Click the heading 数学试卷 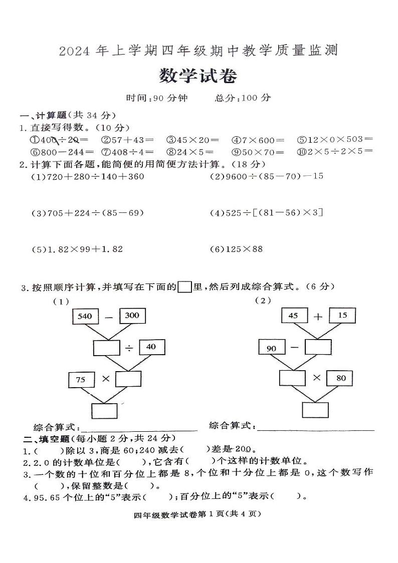(198, 76)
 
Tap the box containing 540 (86, 316)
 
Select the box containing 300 (132, 316)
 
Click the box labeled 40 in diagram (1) (151, 347)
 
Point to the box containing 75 (81, 380)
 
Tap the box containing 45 (293, 316)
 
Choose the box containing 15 (342, 316)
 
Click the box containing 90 (271, 348)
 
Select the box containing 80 (341, 378)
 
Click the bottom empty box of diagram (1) (104, 410)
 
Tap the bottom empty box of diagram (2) (315, 409)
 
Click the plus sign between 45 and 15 (318, 317)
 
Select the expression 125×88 (237, 249)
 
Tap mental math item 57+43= (127, 140)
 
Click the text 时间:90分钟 (157, 98)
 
